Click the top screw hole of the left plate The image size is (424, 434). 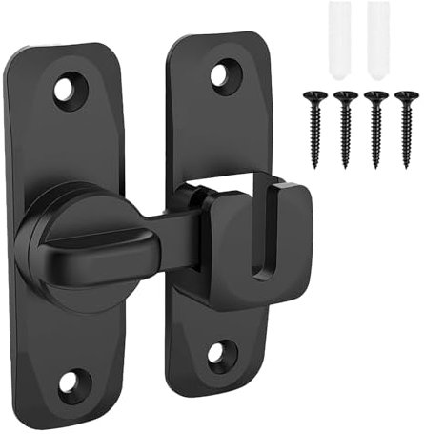coord(70,90)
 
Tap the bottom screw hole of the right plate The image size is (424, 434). coord(217,354)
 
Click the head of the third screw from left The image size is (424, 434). coord(377,95)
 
